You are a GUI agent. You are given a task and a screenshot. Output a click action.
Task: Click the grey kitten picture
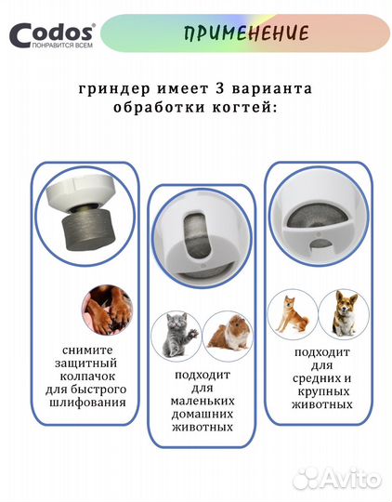pyautogui.click(x=176, y=334)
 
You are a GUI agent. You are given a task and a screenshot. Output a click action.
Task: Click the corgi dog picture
pyautogui.click(x=339, y=313)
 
